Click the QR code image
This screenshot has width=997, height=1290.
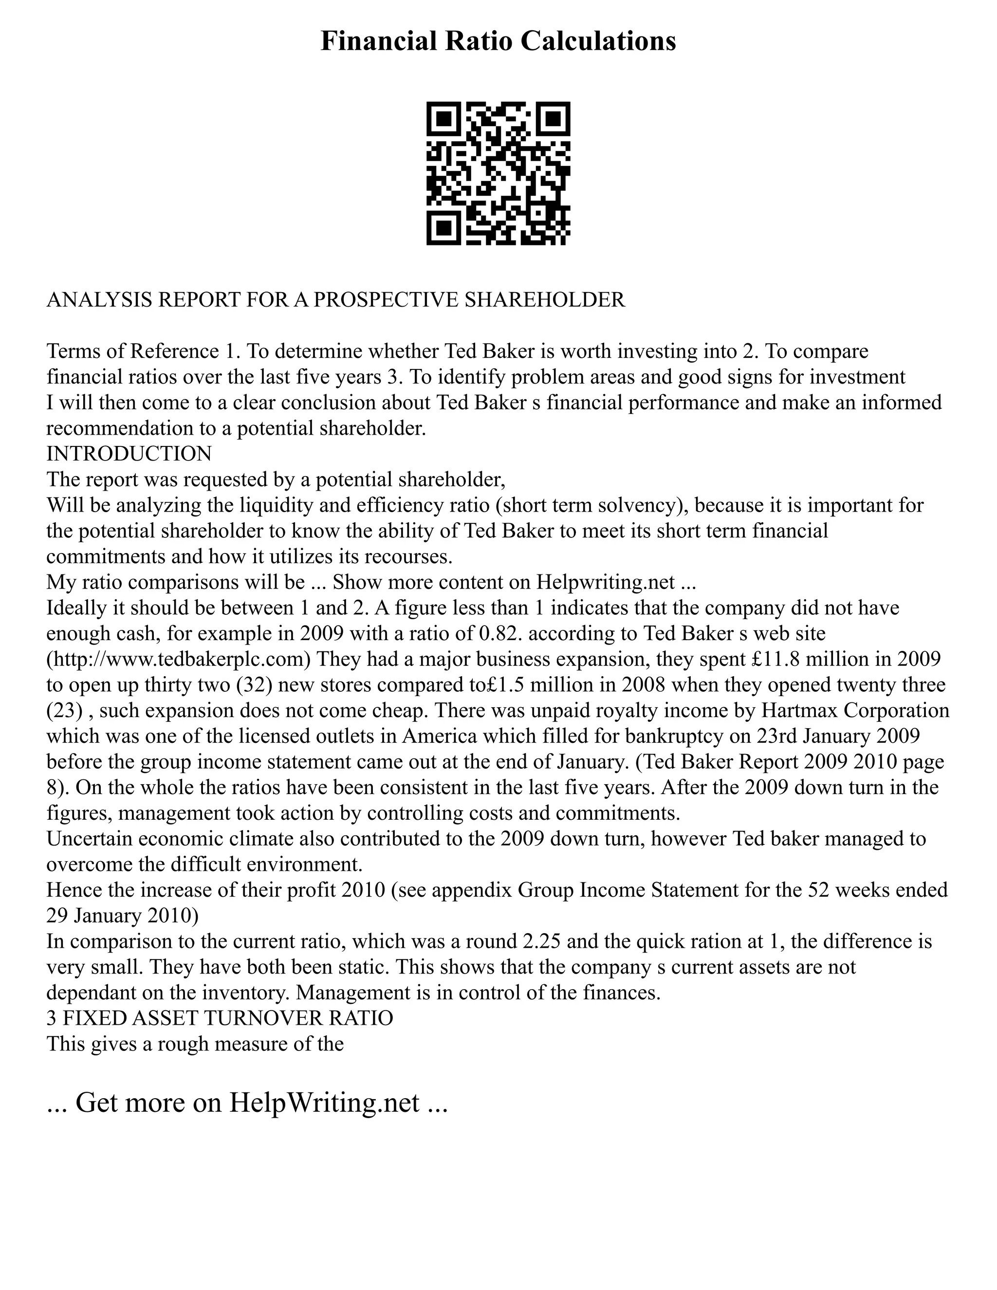click(x=498, y=173)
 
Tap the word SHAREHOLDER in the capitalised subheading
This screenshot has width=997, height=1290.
click(x=545, y=300)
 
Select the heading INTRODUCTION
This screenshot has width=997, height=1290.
click(x=129, y=454)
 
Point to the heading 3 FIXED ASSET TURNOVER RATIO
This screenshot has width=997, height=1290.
click(x=220, y=1018)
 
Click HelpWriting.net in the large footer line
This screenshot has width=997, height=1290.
click(x=324, y=1102)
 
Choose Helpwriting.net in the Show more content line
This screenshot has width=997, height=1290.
click(x=606, y=582)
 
